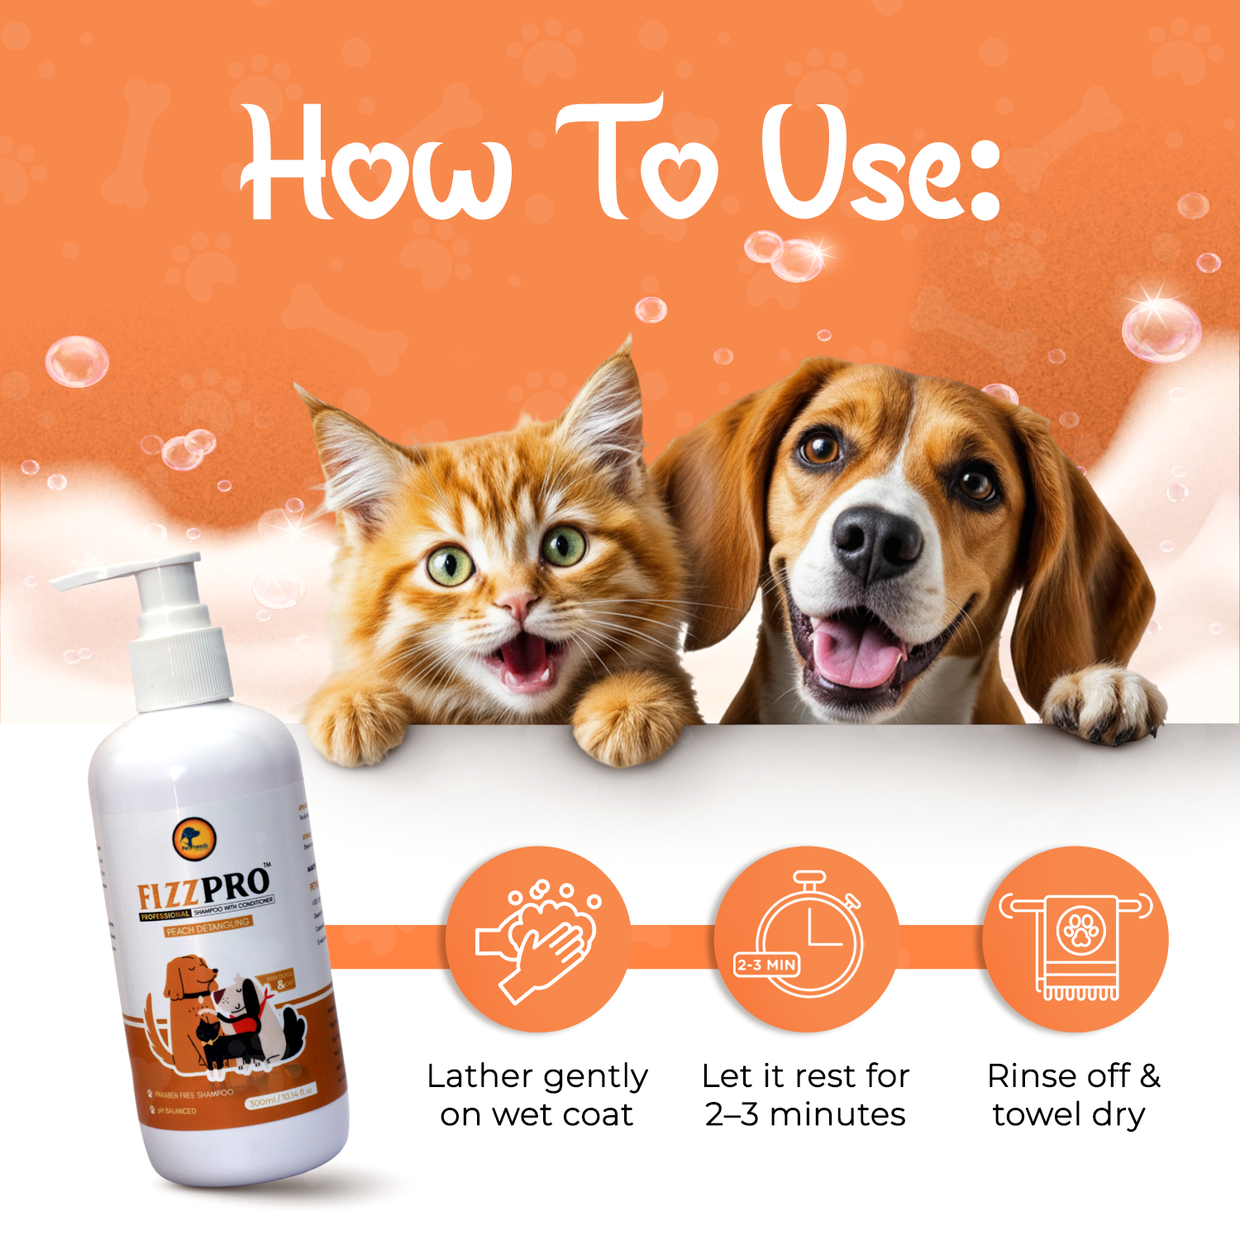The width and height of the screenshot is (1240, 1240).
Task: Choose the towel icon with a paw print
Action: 1075,940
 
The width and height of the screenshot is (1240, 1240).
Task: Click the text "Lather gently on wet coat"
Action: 537,1095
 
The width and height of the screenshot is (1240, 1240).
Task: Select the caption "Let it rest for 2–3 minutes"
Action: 805,1095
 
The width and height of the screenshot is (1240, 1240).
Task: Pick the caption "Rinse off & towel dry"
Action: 1072,1095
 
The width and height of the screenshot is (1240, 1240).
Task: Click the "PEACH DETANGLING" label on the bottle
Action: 208,927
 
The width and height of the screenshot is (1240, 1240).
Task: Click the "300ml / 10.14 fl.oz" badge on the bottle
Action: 281,1098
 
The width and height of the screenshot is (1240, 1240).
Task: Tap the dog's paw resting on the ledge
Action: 1104,703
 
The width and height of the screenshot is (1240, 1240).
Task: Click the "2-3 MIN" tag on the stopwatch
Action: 766,964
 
